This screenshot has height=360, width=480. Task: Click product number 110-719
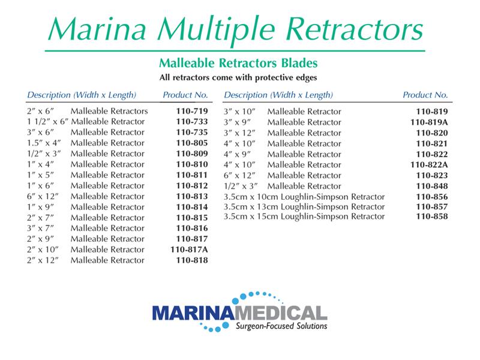click(192, 112)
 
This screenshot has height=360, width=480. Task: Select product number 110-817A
click(189, 250)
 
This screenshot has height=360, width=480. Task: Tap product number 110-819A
click(429, 122)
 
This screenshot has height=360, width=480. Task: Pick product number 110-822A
click(429, 164)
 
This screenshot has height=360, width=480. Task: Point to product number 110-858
click(432, 217)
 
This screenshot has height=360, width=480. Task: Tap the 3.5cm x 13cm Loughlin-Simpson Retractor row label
click(304, 207)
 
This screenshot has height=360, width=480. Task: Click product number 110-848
click(432, 186)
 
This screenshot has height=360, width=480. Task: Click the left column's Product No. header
click(185, 95)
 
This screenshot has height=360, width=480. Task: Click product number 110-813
click(192, 197)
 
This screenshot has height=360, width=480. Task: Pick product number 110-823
click(432, 175)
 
